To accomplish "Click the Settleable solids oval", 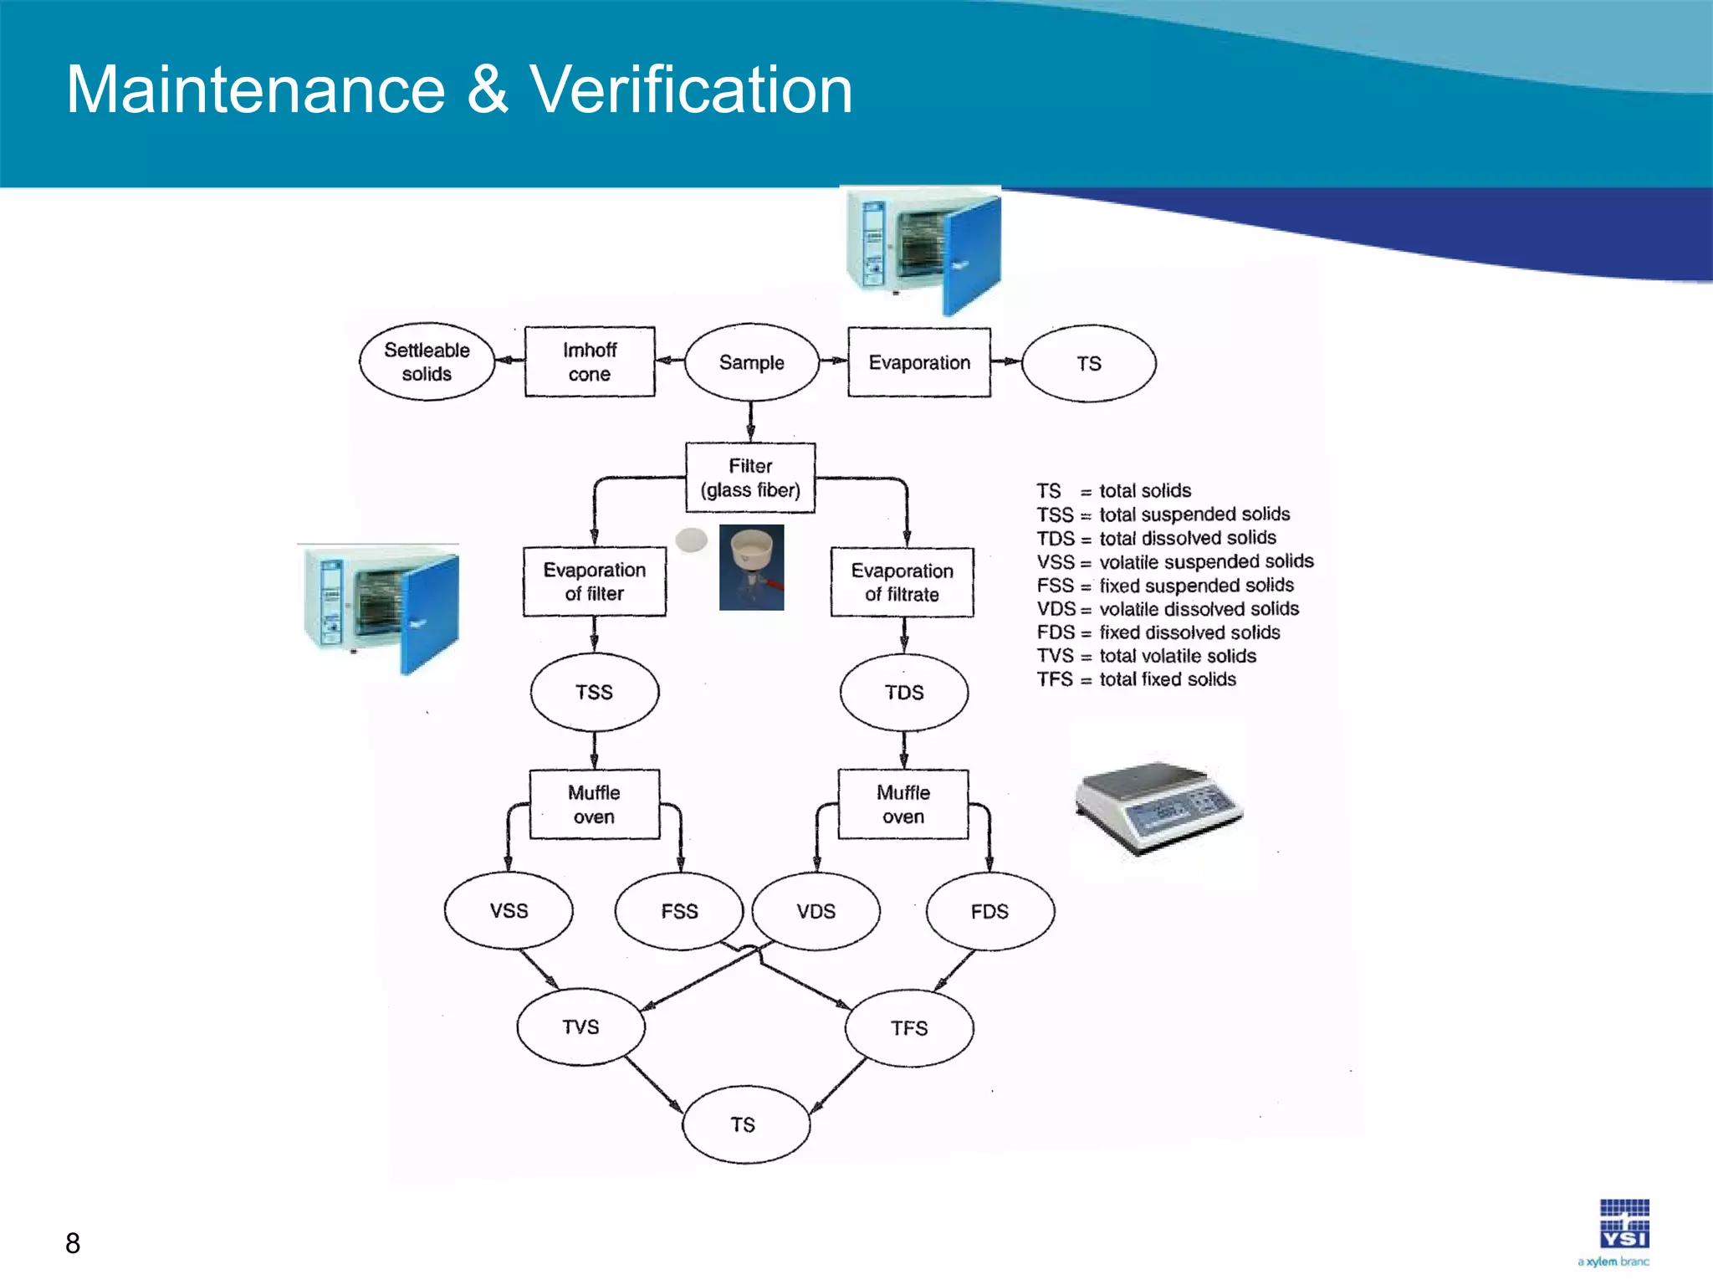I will (x=427, y=362).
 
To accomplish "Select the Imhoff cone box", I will (x=590, y=362).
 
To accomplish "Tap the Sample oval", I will (x=751, y=362).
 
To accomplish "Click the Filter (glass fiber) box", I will (x=750, y=478).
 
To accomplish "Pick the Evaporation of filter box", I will (x=594, y=581).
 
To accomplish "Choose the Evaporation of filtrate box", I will (x=902, y=582).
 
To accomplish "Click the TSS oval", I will (x=594, y=693).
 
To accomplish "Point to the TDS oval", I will (x=904, y=693).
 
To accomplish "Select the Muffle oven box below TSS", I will (x=594, y=804).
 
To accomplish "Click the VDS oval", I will (x=816, y=911).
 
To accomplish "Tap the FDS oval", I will (x=989, y=911).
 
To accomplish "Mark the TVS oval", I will (x=580, y=1026).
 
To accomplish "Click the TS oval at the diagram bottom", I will (x=743, y=1124).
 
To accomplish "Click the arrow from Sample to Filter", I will (x=750, y=421).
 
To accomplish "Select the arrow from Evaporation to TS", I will (x=1006, y=361).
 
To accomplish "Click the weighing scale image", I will (x=1158, y=807).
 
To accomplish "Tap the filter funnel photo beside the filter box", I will (x=751, y=567).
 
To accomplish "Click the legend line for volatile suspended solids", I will (x=1175, y=561).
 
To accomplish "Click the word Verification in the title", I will (x=691, y=90).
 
